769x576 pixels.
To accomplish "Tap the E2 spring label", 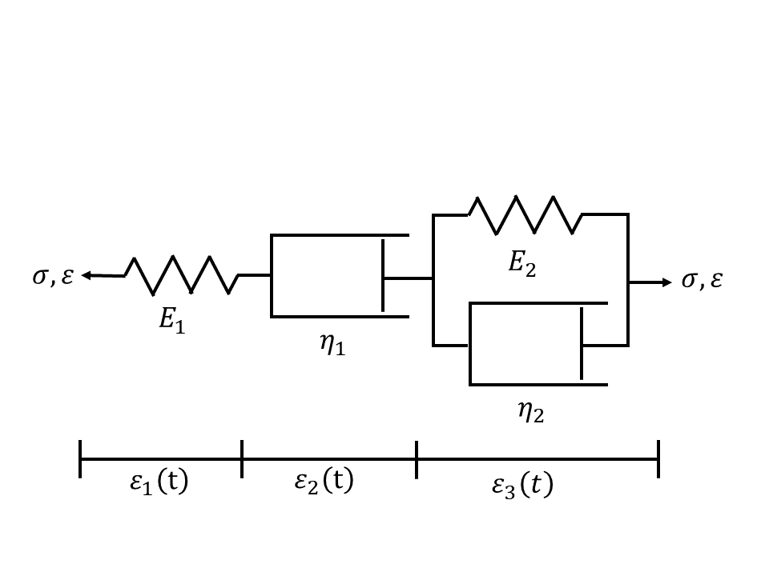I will click(x=521, y=264).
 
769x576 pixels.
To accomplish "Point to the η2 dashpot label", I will click(x=529, y=412).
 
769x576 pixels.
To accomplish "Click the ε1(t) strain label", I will click(x=161, y=482).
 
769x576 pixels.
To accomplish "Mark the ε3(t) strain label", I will click(x=522, y=486).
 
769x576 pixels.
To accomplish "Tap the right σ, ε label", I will click(x=702, y=281).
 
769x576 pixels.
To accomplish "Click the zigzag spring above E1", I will click(x=181, y=275).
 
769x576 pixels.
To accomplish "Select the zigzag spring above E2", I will click(x=525, y=214).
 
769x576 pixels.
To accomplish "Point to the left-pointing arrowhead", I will click(x=87, y=276).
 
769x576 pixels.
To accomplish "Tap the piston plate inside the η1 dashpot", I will click(x=383, y=275).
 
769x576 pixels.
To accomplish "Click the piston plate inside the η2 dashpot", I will click(x=582, y=343).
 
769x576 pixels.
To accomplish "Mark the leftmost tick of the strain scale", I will click(x=80, y=458).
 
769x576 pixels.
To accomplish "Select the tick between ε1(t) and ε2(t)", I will click(x=242, y=458).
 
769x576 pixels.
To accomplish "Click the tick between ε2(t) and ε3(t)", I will click(x=417, y=458).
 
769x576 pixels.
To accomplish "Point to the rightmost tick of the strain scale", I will click(x=658, y=458).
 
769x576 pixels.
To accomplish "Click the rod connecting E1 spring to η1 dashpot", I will click(x=256, y=275).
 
